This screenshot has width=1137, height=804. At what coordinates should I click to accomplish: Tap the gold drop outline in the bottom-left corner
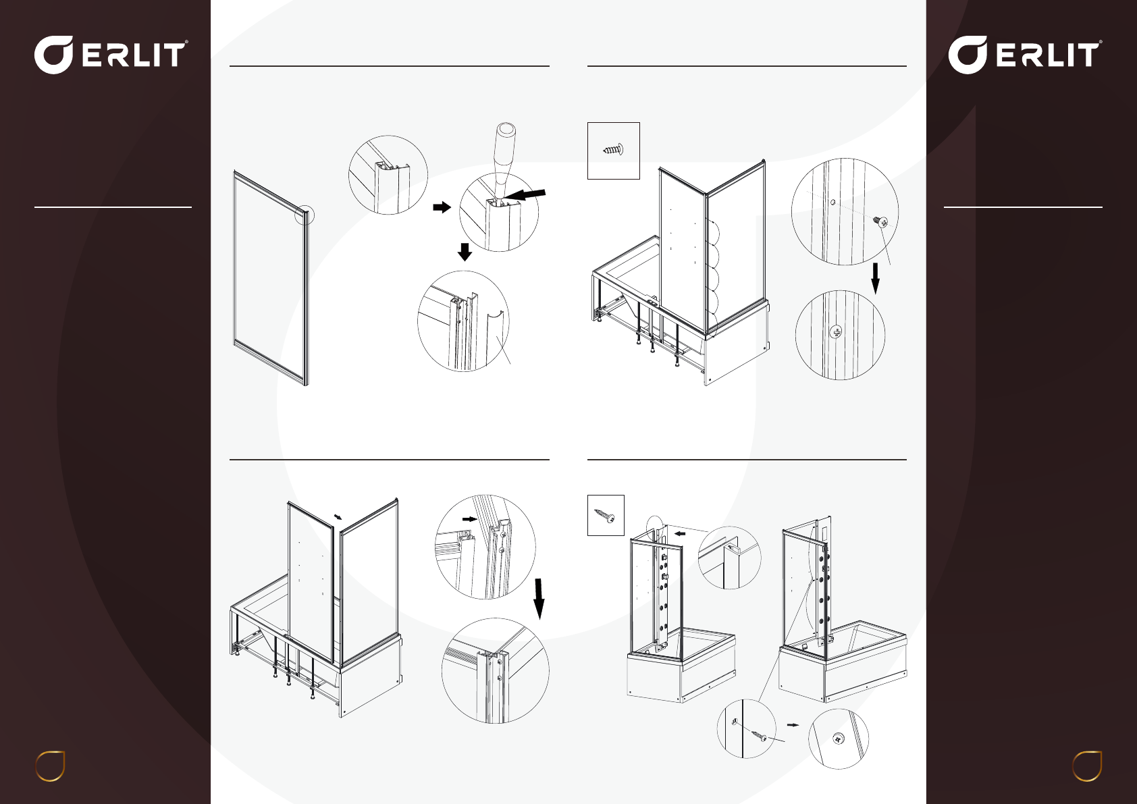[50, 766]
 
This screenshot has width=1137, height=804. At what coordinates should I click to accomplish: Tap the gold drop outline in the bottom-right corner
[1087, 766]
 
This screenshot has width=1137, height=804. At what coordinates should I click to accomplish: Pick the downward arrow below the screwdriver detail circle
[465, 252]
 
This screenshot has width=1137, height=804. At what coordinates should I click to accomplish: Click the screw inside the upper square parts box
[613, 150]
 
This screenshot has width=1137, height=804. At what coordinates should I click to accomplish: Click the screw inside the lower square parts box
[605, 516]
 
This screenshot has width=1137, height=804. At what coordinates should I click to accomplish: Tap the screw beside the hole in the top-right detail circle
[880, 221]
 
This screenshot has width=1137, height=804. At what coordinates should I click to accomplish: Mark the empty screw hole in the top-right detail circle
[833, 202]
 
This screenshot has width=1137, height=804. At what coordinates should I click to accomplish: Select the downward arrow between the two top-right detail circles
[876, 278]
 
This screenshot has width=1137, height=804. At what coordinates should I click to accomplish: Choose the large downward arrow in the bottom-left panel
[539, 599]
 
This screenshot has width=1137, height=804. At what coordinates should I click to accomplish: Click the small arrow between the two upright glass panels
[338, 516]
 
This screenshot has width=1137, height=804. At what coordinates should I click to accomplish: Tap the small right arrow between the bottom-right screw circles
[793, 725]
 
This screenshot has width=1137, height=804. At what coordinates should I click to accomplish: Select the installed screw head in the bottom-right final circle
[838, 739]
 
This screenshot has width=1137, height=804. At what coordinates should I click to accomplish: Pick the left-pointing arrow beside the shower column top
[679, 533]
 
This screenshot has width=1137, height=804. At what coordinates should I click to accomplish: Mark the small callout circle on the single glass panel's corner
[305, 215]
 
